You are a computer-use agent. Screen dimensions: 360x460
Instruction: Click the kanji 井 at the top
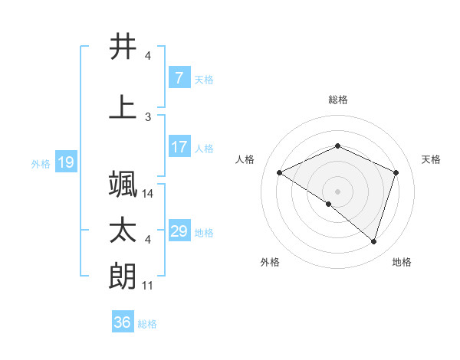(x=123, y=47)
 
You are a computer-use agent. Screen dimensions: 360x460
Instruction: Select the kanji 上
(x=123, y=107)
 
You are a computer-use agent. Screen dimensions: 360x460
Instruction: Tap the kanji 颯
(x=123, y=184)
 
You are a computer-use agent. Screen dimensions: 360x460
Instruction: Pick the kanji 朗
(x=123, y=277)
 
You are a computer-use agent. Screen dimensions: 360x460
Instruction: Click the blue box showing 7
(x=179, y=77)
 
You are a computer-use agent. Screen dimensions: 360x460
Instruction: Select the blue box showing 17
(x=179, y=147)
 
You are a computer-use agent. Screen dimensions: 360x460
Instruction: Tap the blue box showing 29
(x=179, y=231)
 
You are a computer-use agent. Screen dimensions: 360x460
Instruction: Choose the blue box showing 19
(x=66, y=162)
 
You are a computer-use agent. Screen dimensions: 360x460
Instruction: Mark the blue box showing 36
(x=122, y=322)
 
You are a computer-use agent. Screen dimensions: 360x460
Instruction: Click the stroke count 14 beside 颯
(x=148, y=194)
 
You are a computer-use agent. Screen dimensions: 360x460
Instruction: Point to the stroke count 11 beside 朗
(x=148, y=286)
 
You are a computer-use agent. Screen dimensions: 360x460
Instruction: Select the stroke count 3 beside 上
(x=148, y=116)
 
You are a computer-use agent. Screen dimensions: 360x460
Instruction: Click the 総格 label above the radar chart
(x=338, y=100)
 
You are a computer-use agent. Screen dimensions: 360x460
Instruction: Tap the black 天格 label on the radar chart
(x=431, y=159)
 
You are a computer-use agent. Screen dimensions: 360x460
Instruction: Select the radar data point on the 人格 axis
(x=280, y=172)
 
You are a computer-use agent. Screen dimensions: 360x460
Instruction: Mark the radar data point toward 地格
(x=373, y=241)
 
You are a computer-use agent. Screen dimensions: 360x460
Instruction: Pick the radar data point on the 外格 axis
(x=329, y=204)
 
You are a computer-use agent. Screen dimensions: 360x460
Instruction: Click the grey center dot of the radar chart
(x=337, y=191)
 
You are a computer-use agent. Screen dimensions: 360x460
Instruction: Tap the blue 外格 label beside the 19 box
(x=40, y=163)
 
